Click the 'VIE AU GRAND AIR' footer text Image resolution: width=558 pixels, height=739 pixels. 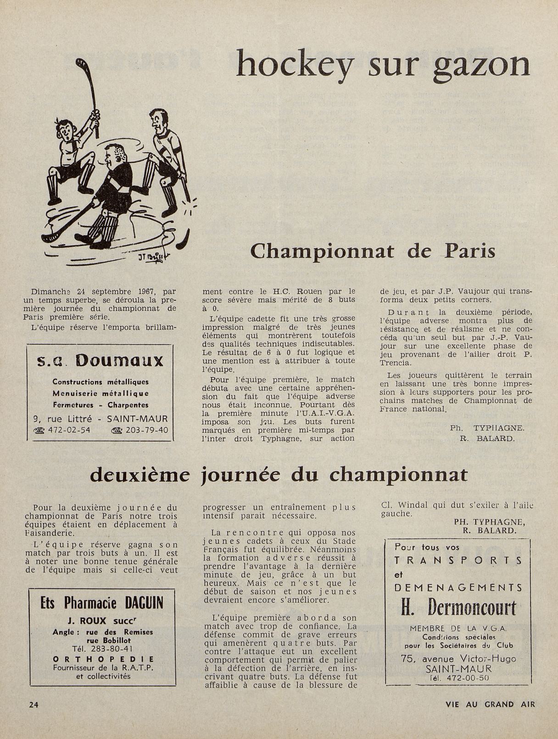tap(490, 704)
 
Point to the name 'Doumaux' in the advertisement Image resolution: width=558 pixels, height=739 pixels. tap(119, 360)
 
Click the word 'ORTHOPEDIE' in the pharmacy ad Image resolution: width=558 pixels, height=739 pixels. tap(103, 659)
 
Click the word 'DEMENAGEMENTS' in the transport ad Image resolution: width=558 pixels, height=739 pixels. tap(458, 588)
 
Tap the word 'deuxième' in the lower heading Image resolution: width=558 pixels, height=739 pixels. tap(139, 475)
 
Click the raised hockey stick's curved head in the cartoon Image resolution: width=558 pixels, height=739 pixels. tap(78, 63)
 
